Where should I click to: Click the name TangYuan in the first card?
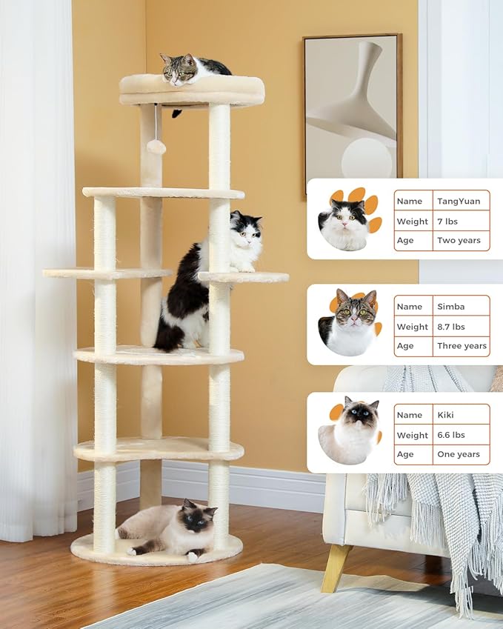(459, 201)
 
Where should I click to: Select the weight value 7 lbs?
(448, 221)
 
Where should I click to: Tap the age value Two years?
(459, 241)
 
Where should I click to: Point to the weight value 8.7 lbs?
(451, 327)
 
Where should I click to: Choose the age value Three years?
(462, 346)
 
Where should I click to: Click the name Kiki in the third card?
(447, 415)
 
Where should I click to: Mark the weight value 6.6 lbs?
(451, 435)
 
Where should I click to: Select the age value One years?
(459, 454)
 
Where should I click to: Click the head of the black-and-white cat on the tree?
(245, 231)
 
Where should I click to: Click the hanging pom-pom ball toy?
(156, 146)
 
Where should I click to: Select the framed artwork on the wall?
(353, 111)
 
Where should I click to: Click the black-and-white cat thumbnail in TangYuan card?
(344, 224)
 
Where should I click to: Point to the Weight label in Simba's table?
(412, 327)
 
